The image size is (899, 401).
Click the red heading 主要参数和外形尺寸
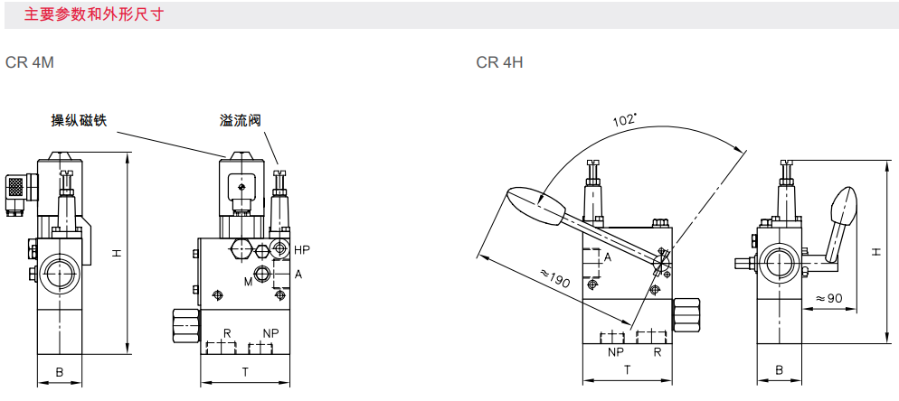coord(94,14)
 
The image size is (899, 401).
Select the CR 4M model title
coord(30,62)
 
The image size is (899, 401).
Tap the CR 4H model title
coord(499,62)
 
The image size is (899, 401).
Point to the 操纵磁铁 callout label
coord(79,120)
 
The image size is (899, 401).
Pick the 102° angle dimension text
coord(625,119)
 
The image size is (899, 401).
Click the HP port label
coord(301,250)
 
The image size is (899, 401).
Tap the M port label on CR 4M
coord(248,281)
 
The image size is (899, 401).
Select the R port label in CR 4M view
coord(227,333)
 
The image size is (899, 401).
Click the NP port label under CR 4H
coord(615,351)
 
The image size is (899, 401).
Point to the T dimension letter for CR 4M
coord(245,372)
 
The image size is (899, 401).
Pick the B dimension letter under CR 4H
coord(780,370)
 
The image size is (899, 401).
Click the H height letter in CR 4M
coord(116,253)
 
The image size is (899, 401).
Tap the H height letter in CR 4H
coord(876,251)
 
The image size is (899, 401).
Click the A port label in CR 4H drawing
coord(608,257)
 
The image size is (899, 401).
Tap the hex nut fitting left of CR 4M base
coord(187,325)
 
